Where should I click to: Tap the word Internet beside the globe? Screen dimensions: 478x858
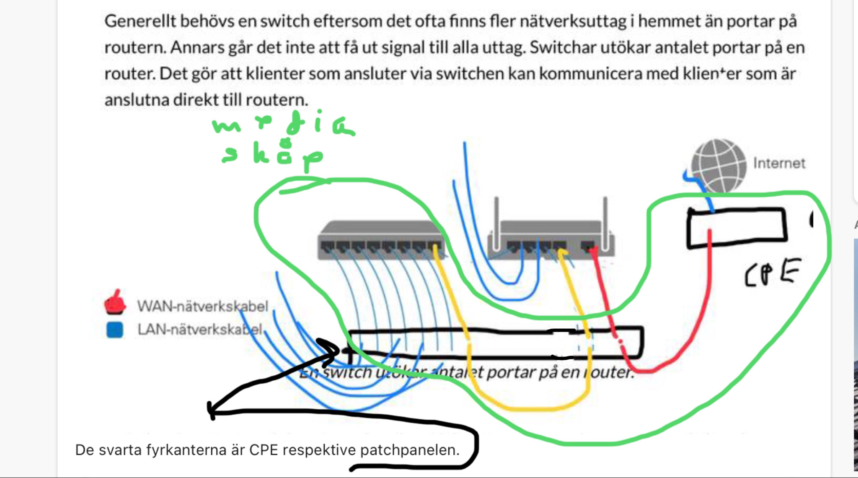click(x=779, y=163)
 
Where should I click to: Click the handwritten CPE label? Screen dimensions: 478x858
click(x=772, y=273)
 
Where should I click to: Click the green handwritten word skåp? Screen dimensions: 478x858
click(x=272, y=156)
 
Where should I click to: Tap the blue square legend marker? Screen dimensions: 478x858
click(x=115, y=330)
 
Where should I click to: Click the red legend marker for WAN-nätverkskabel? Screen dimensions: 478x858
click(x=114, y=303)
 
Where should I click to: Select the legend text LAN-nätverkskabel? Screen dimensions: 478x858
click(x=200, y=330)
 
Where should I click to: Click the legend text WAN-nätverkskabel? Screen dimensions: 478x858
click(x=202, y=306)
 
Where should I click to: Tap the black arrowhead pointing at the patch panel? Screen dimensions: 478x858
click(x=331, y=350)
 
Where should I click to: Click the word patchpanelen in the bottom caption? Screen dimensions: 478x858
click(x=409, y=450)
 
